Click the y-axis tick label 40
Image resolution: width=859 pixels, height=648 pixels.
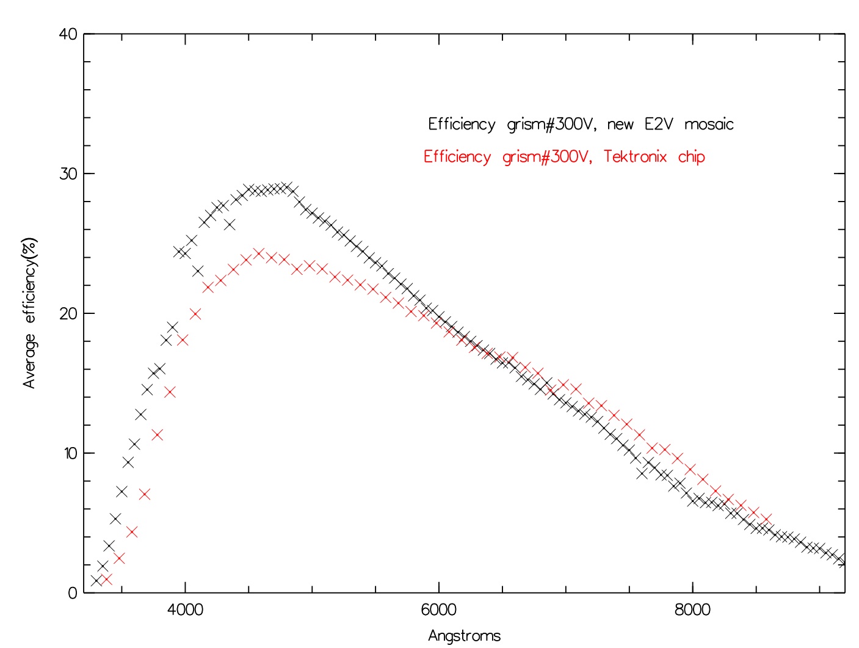tap(68, 34)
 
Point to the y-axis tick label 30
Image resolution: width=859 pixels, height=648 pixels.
tap(68, 174)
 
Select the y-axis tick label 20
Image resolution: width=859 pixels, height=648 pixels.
tap(68, 314)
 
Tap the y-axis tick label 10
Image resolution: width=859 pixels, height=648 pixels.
tap(68, 453)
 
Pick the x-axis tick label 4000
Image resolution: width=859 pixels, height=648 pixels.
tap(184, 610)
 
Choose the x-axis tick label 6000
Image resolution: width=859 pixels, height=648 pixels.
tap(439, 610)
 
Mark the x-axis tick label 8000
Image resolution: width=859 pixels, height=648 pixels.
tap(693, 610)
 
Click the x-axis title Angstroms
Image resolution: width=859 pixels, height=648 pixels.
tap(464, 636)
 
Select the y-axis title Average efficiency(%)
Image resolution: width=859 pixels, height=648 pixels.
tap(30, 313)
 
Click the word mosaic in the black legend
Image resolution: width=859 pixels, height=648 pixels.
tap(709, 125)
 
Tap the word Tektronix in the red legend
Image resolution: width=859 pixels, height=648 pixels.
tap(635, 157)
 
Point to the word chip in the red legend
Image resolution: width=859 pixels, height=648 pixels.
tap(691, 157)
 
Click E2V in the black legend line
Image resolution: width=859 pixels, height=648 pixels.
tap(659, 125)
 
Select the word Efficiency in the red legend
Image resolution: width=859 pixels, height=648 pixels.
tap(457, 157)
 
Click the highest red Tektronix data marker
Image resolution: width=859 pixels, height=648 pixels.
tap(259, 253)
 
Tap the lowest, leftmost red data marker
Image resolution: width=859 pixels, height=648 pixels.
tap(106, 579)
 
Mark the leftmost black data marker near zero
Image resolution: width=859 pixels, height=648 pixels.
tap(96, 580)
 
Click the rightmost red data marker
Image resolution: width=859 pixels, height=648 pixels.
tap(767, 519)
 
